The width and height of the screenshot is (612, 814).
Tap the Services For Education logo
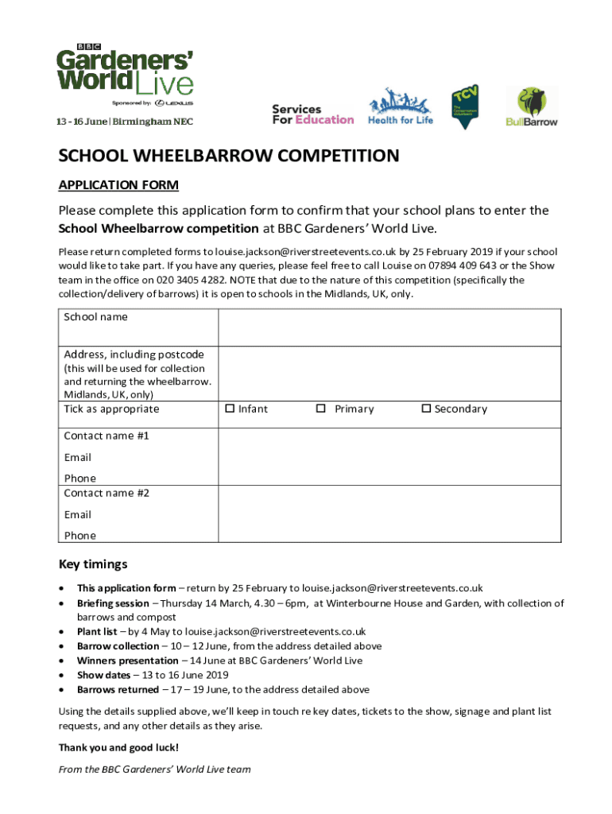pyautogui.click(x=312, y=114)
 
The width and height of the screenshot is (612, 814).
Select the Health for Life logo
pyautogui.click(x=400, y=107)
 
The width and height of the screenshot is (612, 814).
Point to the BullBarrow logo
pyautogui.click(x=532, y=107)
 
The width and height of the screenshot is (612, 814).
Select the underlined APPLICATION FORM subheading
pyautogui.click(x=118, y=185)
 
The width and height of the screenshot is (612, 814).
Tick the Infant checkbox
pyautogui.click(x=230, y=409)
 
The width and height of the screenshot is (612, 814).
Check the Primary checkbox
pyautogui.click(x=320, y=409)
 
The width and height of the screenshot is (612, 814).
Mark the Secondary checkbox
pyautogui.click(x=426, y=409)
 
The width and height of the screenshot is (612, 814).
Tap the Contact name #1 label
pyautogui.click(x=107, y=436)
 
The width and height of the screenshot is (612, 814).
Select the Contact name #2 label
pyautogui.click(x=107, y=493)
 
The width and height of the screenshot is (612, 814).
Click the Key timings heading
pyautogui.click(x=93, y=564)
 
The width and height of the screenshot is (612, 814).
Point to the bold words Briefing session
pyautogui.click(x=112, y=603)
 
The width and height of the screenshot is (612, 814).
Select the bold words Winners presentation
pyautogui.click(x=127, y=661)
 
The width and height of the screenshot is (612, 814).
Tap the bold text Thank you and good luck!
pyautogui.click(x=118, y=748)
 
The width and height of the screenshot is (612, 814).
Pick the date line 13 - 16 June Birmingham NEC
pyautogui.click(x=124, y=122)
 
